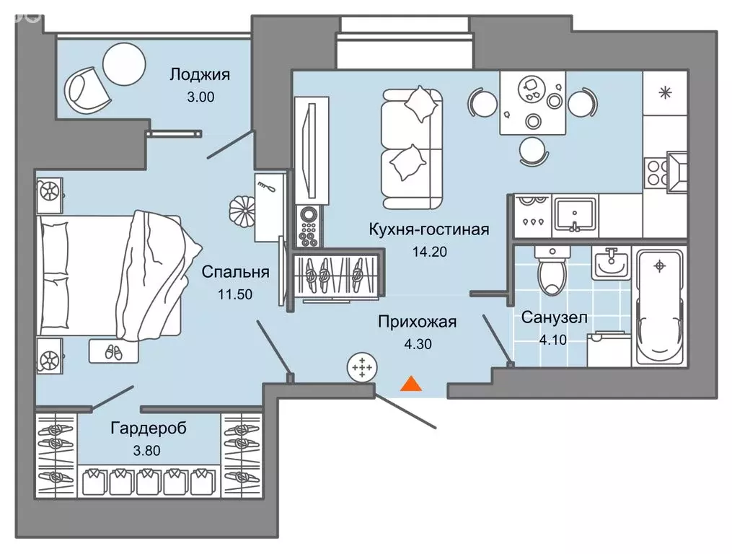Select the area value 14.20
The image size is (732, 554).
[428, 252]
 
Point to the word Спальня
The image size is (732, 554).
[235, 272]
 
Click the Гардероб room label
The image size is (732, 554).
[149, 428]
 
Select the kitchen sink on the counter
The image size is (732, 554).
[575, 215]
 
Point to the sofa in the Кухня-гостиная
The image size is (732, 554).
[411, 145]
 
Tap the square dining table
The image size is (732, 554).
[532, 102]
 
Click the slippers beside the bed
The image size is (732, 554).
[110, 351]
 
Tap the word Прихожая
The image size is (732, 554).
[417, 322]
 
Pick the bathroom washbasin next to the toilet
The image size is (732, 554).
[611, 262]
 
